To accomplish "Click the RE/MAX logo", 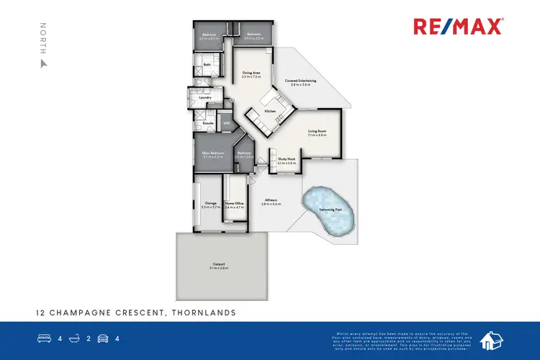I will coord(459,27).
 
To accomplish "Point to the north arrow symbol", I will coord(43,63).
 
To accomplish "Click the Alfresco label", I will coord(271,201).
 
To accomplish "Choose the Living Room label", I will coord(318,130).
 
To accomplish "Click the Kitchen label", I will coord(270,111).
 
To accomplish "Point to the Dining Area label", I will coord(251,73).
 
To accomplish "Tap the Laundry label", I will coord(204,97).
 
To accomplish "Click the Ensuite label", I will coord(206,123).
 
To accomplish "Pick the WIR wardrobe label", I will coord(226,123).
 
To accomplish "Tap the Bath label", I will coord(207,65).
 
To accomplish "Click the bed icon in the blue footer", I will coord(44,337).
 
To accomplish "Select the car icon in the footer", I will coord(102,337).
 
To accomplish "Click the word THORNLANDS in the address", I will coord(202,313).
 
